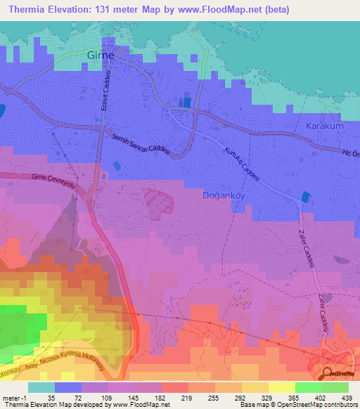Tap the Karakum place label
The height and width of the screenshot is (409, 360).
point(323,126)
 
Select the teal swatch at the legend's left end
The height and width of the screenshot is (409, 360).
point(41,387)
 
